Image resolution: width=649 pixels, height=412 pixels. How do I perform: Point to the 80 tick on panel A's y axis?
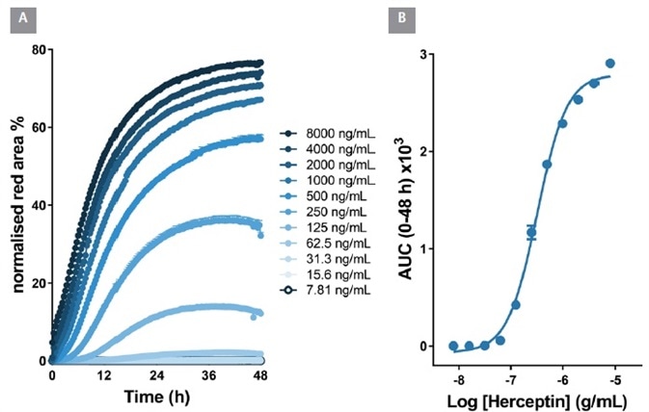pos(39,49)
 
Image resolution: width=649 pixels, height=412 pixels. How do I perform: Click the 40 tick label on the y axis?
pos(39,205)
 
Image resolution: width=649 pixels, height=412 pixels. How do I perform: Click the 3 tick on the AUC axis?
pos(424,55)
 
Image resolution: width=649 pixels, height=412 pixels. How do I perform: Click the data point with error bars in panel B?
pos(531,232)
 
